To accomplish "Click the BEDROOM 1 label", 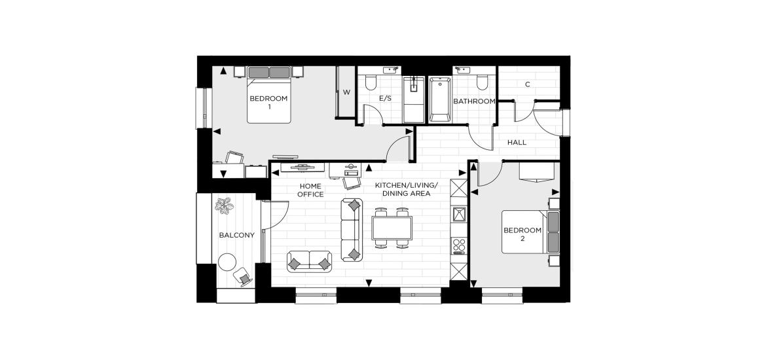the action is (268, 102).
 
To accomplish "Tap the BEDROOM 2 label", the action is (522, 234).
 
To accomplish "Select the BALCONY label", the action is (237, 235).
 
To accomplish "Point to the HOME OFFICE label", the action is (311, 190).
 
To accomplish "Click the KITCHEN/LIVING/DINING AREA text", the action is (407, 190).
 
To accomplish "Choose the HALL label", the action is (517, 143).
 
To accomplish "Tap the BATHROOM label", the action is (475, 101).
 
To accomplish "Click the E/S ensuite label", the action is (386, 98).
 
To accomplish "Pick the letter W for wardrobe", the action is (346, 92).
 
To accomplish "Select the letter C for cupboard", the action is (528, 84).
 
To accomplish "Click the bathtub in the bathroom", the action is (440, 99).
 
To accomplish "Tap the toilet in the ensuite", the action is (371, 82).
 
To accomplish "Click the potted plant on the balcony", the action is (224, 206).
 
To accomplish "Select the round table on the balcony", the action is (227, 262).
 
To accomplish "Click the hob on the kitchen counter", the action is (459, 245).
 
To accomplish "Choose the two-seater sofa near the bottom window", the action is (309, 261).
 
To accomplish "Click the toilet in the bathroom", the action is (483, 82).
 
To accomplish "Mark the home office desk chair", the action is (352, 183).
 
